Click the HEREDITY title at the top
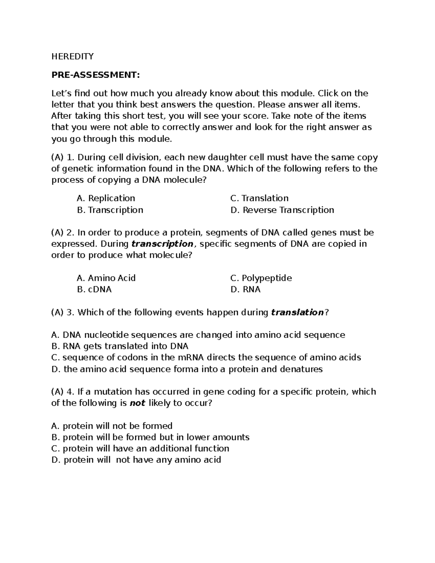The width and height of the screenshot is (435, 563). pyautogui.click(x=72, y=56)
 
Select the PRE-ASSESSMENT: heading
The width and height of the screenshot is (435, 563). pyautogui.click(x=95, y=75)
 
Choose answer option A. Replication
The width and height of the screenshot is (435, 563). pyautogui.click(x=106, y=198)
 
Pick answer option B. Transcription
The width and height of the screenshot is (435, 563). pyautogui.click(x=110, y=210)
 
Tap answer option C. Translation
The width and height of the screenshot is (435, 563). pyautogui.click(x=259, y=198)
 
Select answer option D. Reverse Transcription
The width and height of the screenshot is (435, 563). pyautogui.click(x=282, y=210)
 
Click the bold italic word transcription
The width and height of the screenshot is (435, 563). pyautogui.click(x=162, y=244)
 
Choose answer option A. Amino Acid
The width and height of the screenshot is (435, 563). pyautogui.click(x=106, y=278)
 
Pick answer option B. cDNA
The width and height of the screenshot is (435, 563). pyautogui.click(x=94, y=290)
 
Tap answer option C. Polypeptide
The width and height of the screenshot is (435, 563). pyautogui.click(x=261, y=278)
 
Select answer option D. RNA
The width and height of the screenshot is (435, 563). pyautogui.click(x=245, y=290)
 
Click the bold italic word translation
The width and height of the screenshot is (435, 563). pyautogui.click(x=297, y=312)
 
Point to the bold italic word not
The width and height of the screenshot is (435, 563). pyautogui.click(x=137, y=403)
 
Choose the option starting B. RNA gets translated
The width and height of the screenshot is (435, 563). pyautogui.click(x=120, y=346)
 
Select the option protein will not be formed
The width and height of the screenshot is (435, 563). pyautogui.click(x=112, y=426)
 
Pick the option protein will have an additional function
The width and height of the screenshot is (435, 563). pyautogui.click(x=140, y=448)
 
